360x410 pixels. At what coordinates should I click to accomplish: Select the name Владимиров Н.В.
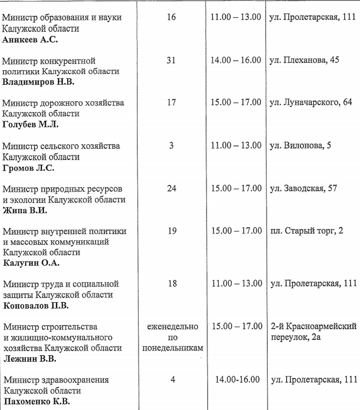[38, 82]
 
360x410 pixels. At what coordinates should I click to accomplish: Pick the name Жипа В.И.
[25, 210]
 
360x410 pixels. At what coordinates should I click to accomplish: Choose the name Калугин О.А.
[31, 263]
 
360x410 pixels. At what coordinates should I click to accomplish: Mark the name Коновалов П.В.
[36, 306]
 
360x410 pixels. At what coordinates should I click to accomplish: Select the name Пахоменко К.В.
[36, 401]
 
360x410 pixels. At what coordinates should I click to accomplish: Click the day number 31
[171, 60]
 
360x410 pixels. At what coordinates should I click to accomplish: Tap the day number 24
[171, 188]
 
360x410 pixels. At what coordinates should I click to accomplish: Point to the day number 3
[171, 146]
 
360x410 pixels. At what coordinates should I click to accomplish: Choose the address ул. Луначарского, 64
[310, 103]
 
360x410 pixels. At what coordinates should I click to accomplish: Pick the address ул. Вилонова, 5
[299, 146]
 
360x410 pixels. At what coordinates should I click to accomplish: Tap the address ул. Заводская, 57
[302, 188]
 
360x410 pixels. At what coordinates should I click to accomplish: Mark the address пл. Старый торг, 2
[306, 231]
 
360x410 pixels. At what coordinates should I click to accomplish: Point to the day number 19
[171, 231]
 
